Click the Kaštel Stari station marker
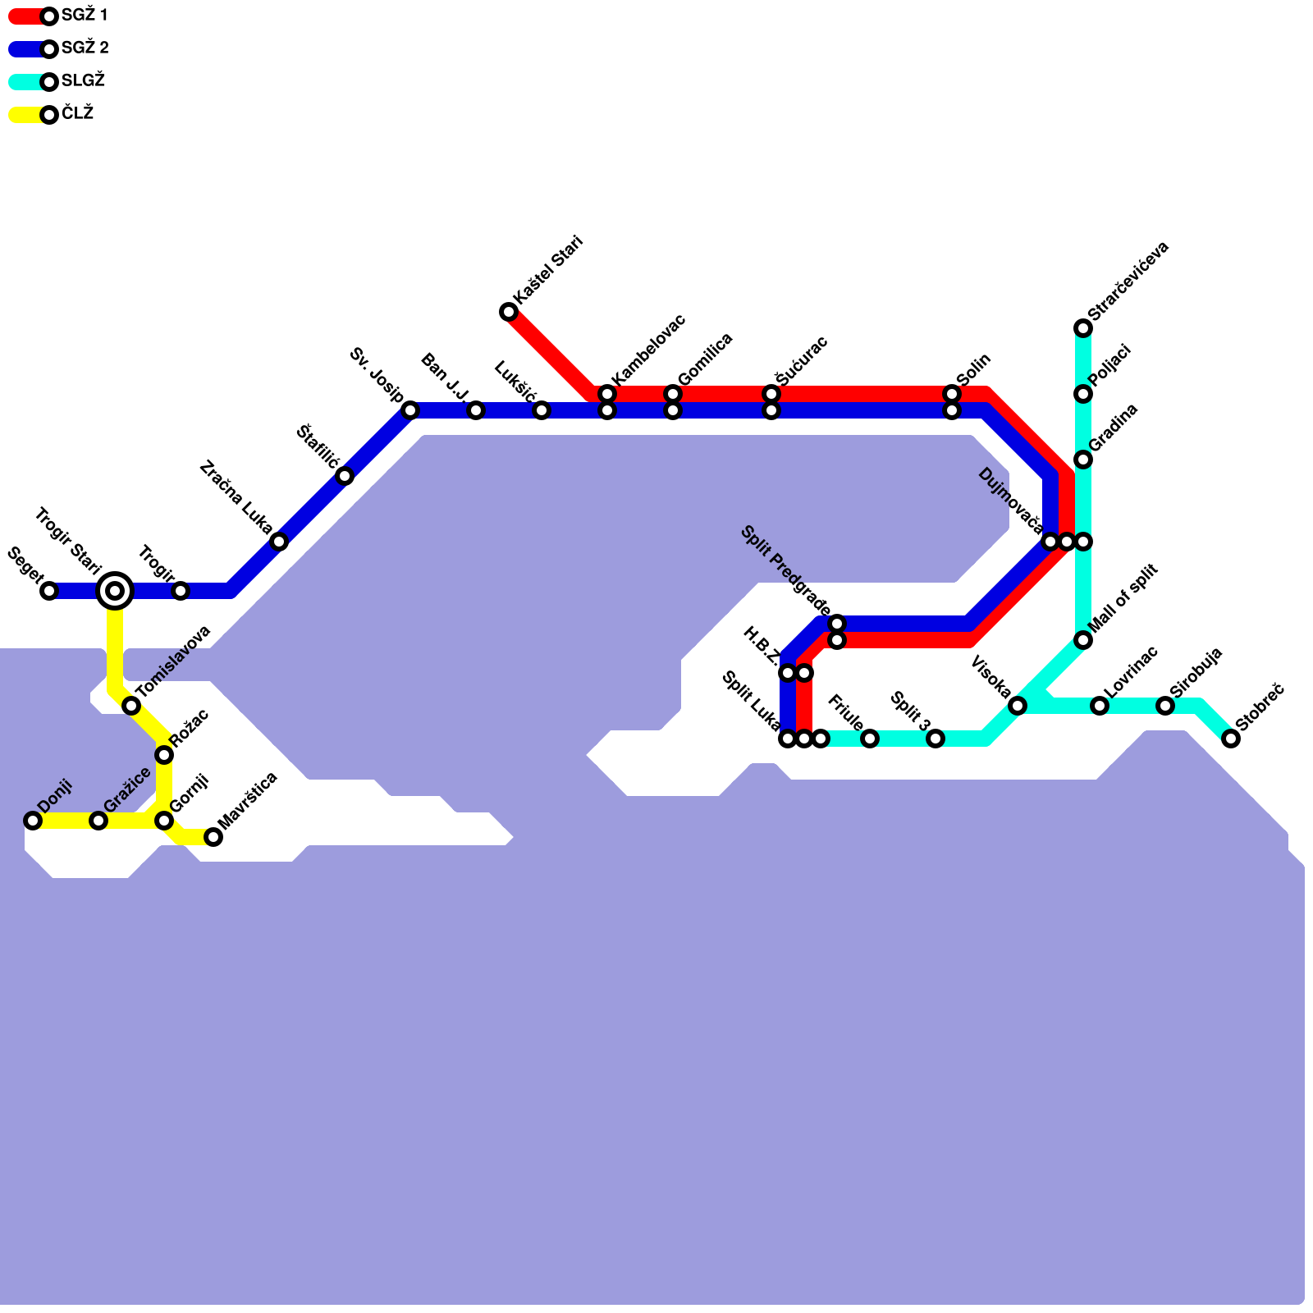pyautogui.click(x=509, y=312)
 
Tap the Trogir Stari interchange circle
pyautogui.click(x=115, y=591)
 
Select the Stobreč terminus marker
pyautogui.click(x=1231, y=739)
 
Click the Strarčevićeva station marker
pyautogui.click(x=1083, y=328)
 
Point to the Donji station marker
pyautogui.click(x=33, y=821)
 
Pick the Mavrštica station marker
pyautogui.click(x=213, y=837)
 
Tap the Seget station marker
pyautogui.click(x=49, y=591)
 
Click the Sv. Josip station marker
pyautogui.click(x=410, y=410)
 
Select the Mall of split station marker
pyautogui.click(x=1083, y=640)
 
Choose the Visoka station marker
pyautogui.click(x=1018, y=706)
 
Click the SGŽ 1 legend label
pyautogui.click(x=85, y=16)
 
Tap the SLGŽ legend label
pyautogui.click(x=83, y=81)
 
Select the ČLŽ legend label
pyautogui.click(x=77, y=114)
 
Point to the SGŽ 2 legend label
pyautogui.click(x=85, y=48)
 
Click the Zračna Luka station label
pyautogui.click(x=236, y=497)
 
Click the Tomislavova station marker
pyautogui.click(x=131, y=706)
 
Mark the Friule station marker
pyautogui.click(x=870, y=739)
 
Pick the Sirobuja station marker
pyautogui.click(x=1165, y=706)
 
